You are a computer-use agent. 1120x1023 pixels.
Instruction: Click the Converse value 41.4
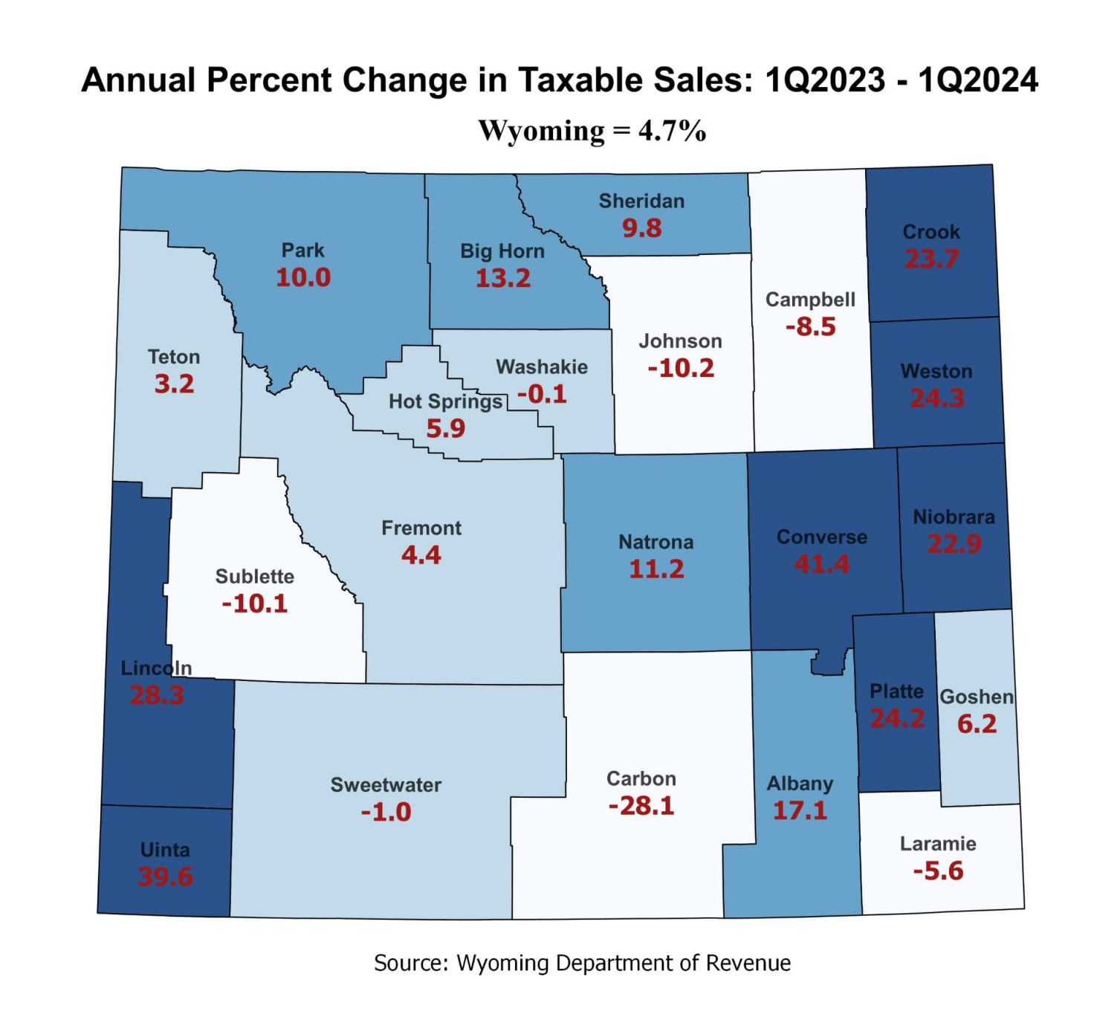point(821,564)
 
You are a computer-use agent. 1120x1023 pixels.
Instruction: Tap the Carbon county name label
point(641,778)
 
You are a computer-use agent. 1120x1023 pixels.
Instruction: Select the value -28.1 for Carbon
point(641,806)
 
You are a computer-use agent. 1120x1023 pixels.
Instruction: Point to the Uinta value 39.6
point(165,877)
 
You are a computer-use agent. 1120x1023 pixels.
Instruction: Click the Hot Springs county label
point(445,401)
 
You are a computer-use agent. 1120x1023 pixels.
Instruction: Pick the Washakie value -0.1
point(542,394)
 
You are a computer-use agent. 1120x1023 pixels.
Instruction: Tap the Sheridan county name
point(641,201)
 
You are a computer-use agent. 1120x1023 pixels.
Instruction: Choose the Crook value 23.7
point(931,259)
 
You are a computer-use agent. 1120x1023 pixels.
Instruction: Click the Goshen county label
point(976,697)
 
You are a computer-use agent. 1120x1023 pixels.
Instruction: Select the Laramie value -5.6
point(938,871)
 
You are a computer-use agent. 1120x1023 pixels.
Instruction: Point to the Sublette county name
point(254,576)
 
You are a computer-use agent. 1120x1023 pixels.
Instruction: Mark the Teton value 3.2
point(174,384)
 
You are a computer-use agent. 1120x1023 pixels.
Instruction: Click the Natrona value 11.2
point(656,569)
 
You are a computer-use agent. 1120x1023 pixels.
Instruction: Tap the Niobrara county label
point(954,517)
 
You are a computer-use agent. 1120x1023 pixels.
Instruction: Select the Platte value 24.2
point(897,718)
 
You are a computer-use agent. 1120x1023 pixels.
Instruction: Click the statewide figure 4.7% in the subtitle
point(672,131)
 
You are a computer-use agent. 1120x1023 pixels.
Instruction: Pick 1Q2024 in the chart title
point(977,80)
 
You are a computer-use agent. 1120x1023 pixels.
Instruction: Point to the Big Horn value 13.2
point(502,278)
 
